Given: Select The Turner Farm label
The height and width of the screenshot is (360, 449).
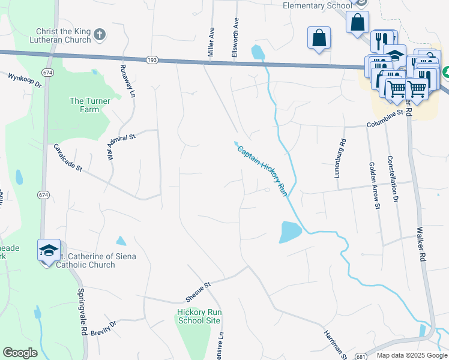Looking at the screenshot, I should click(x=90, y=105).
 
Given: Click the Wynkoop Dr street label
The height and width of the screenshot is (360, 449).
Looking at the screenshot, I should click(x=24, y=80).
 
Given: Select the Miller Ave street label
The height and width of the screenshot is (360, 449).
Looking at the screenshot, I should click(x=211, y=41).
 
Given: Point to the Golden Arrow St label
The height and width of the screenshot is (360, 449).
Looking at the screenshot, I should click(x=375, y=185).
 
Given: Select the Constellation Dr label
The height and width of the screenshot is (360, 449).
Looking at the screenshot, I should click(x=394, y=178).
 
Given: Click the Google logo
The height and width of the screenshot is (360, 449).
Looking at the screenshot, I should click(x=20, y=353).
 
